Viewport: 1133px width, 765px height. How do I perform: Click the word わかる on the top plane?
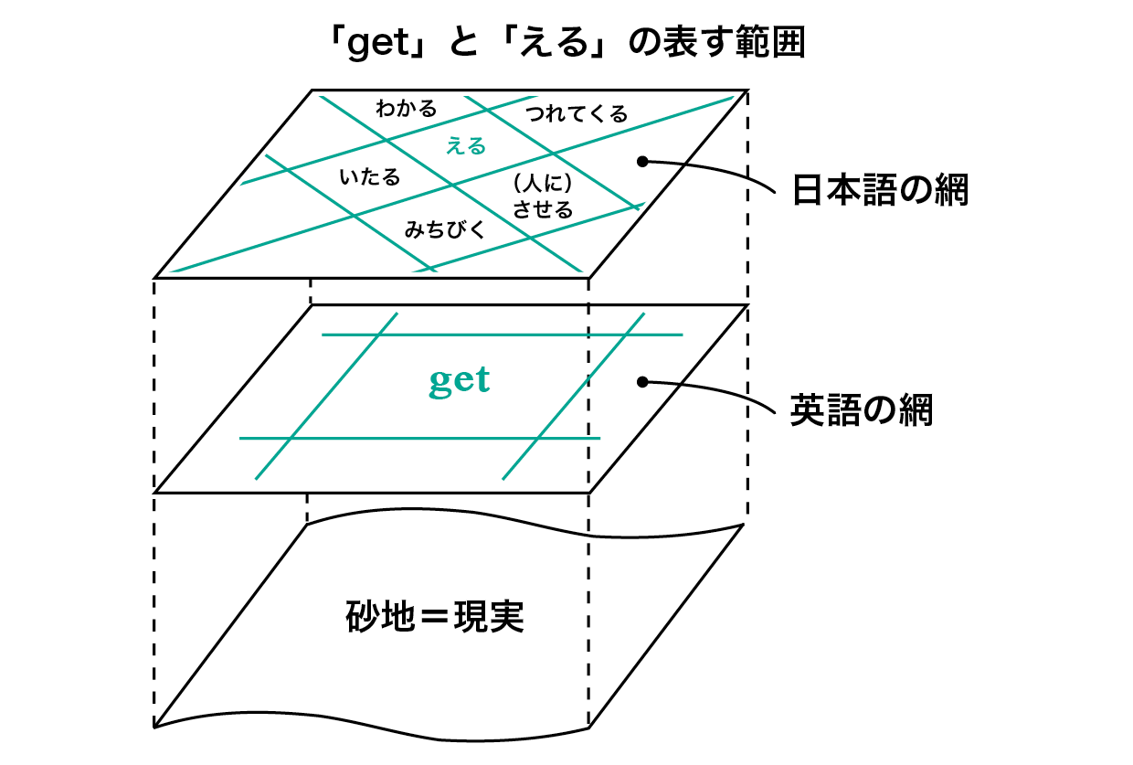tap(407, 108)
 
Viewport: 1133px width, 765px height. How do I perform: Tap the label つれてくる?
tap(577, 114)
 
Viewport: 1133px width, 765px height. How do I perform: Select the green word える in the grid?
tap(466, 146)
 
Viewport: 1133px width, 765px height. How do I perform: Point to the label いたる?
tap(370, 177)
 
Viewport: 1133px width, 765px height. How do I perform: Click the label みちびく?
tap(445, 229)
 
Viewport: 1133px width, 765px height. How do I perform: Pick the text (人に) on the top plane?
tap(543, 183)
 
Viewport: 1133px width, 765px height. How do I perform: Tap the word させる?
tap(543, 209)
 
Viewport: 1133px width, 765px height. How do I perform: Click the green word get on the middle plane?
tap(460, 380)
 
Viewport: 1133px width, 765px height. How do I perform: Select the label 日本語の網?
tap(880, 190)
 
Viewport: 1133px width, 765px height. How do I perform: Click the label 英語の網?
tap(862, 409)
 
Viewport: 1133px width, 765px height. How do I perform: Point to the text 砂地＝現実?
tap(435, 617)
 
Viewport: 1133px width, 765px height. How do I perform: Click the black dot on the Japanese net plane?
tap(642, 162)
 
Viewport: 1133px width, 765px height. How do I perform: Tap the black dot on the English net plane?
tap(642, 382)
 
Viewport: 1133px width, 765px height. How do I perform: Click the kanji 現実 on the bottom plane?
tap(489, 617)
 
